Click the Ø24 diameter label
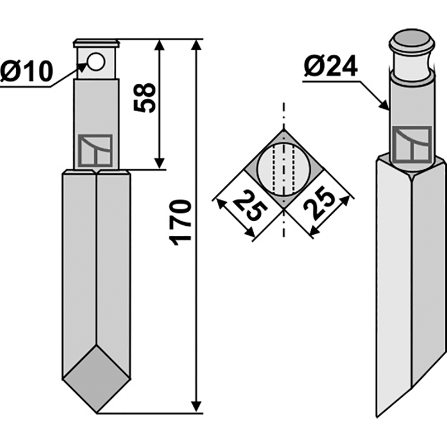tap(331, 69)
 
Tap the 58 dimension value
tap(146, 98)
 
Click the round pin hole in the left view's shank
tap(96, 62)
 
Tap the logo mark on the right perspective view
tap(412, 144)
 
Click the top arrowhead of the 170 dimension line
tap(196, 44)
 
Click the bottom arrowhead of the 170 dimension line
tap(196, 408)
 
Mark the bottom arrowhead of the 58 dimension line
tap(160, 164)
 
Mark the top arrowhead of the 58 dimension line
tap(160, 45)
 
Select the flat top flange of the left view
tap(96, 42)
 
